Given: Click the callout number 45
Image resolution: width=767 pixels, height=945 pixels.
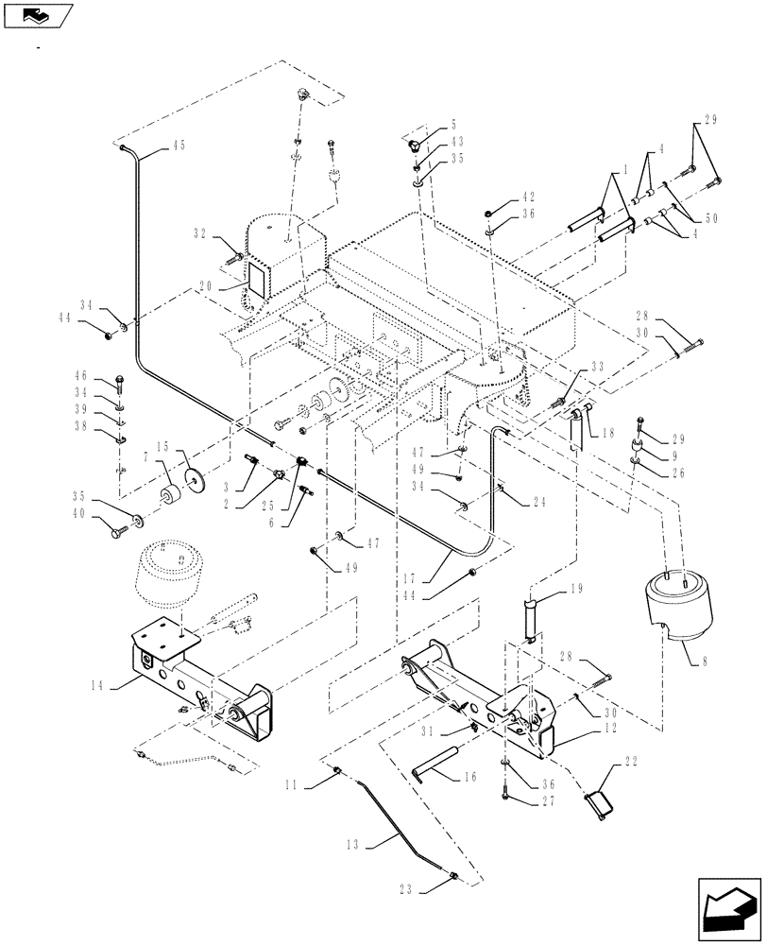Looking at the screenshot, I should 179,145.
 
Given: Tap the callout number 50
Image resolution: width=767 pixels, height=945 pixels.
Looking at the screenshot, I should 713,218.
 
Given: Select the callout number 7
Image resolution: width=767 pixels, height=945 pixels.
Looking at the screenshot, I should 145,458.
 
